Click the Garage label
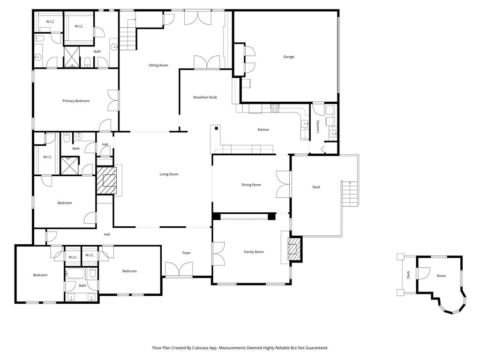point(289,57)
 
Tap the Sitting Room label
point(158,65)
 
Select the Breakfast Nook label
point(205,97)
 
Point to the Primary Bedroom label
point(76,101)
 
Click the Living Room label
point(169,174)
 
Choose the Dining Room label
point(251,185)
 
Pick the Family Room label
point(254,252)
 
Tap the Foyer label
point(187,253)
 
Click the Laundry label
point(318,127)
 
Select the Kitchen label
point(263,130)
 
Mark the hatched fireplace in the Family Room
point(293,249)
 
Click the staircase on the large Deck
point(350,194)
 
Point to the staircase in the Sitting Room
point(128,39)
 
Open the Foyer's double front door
point(179,270)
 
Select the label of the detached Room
point(441,276)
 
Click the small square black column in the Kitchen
point(216,128)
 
